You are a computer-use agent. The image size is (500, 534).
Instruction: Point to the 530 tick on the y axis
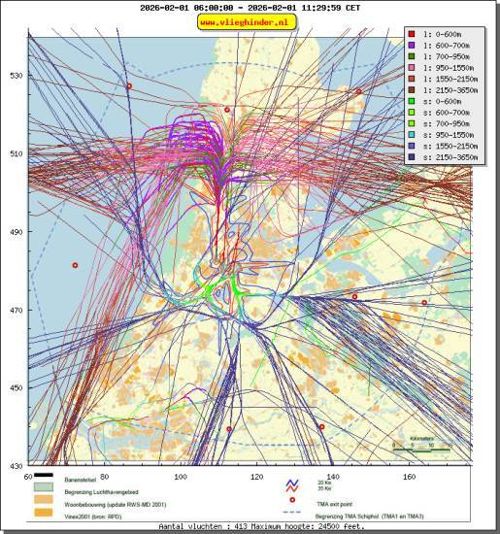click(16, 76)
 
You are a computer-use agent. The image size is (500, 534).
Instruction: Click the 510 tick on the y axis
click(16, 153)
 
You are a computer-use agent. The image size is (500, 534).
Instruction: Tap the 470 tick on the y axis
click(16, 310)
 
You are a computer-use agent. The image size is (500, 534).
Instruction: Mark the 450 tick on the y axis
click(16, 387)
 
